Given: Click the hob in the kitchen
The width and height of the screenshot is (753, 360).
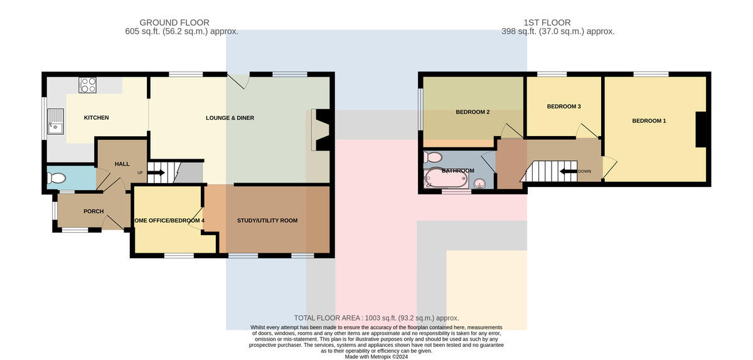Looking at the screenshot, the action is tap(87, 85).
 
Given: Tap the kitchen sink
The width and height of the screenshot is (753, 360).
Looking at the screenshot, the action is tap(55, 121).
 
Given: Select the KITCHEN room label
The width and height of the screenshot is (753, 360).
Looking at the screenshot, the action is tap(96, 118).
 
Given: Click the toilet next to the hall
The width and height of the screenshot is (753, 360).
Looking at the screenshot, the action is tap(56, 178).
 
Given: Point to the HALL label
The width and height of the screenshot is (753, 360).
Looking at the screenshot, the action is tap(122, 164).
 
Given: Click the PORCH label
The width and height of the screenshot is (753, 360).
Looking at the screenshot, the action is tap(93, 211).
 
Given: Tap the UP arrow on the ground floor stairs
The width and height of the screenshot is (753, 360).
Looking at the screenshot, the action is tap(156, 172).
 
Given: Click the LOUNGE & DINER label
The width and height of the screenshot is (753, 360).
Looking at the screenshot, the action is tap(230, 118).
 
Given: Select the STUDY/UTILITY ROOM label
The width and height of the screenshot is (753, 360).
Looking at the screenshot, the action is tap(267, 221).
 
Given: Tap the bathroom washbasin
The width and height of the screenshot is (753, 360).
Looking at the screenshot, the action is tap(479, 184).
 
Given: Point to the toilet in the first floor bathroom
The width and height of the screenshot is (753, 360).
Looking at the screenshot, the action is tap(432, 157).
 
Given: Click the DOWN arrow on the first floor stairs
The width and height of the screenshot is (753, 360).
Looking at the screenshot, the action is tap(569, 171).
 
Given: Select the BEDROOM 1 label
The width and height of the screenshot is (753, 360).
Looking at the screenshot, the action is tap(649, 121).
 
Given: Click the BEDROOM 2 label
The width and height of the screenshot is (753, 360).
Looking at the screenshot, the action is tap(473, 112).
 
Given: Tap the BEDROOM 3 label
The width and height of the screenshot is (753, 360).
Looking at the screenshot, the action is tap(563, 107).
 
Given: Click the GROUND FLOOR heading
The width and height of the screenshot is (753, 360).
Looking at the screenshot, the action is tap(174, 23).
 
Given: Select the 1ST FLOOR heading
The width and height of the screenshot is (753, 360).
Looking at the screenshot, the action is tap(547, 23).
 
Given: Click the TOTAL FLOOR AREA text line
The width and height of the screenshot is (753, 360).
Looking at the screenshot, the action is tap(376, 318).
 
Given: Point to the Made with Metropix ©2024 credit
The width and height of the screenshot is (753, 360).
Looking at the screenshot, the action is tap(376, 357).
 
